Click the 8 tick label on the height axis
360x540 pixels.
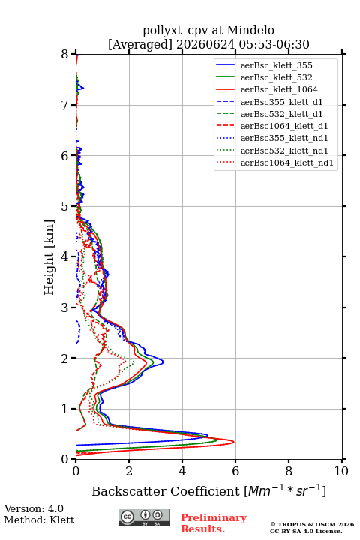(x=64, y=54)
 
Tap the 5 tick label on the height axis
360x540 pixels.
(x=64, y=206)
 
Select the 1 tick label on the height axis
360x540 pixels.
(x=64, y=409)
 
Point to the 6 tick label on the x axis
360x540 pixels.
(x=235, y=471)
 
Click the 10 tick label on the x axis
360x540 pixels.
(x=341, y=471)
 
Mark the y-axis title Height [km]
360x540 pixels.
(x=49, y=257)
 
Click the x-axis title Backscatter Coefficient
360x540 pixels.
(x=166, y=491)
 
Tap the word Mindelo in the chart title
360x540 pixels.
(x=250, y=30)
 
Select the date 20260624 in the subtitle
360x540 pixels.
(x=205, y=44)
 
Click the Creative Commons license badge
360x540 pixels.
(x=144, y=517)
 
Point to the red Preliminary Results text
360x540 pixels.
(x=214, y=523)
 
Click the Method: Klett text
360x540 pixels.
(x=39, y=520)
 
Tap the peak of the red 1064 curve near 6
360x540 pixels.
(x=234, y=442)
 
